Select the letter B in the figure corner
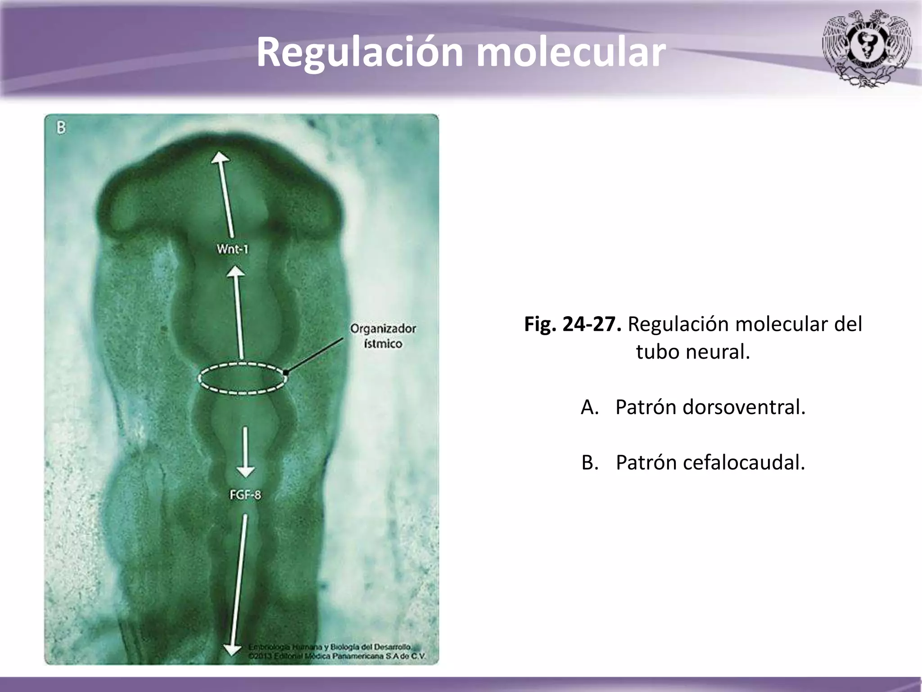tap(61, 128)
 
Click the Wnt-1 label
tap(232, 249)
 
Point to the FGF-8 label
tap(245, 495)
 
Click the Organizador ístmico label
tap(383, 336)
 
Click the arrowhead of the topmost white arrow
tap(220, 158)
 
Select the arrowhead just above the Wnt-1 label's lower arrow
tap(235, 271)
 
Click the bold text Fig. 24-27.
tap(573, 324)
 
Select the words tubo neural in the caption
tap(693, 351)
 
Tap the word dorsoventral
tap(744, 407)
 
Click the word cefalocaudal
tap(744, 462)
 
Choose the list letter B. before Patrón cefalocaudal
tap(590, 462)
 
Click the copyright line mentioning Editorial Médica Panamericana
tap(336, 656)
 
